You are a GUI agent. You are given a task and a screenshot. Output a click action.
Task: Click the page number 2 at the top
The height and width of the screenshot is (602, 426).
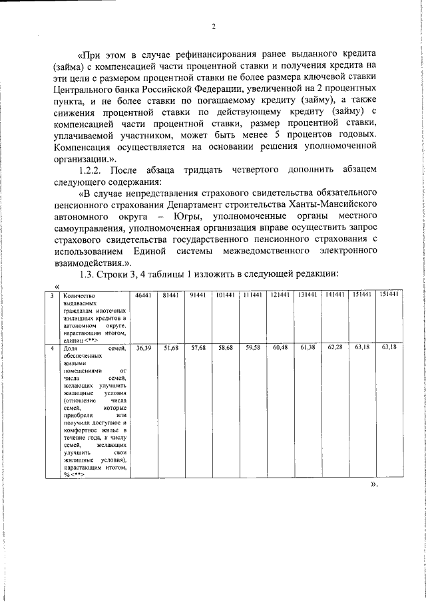click(214, 27)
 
